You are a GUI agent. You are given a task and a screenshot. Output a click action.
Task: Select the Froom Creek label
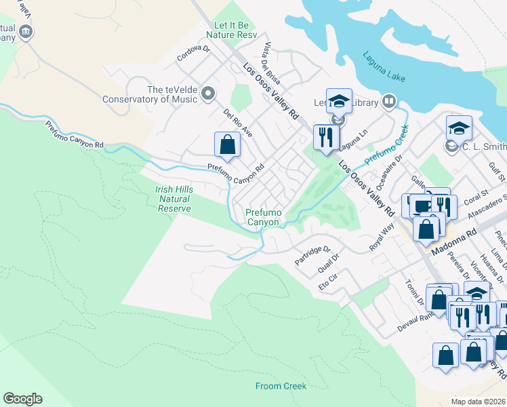[x=281, y=387]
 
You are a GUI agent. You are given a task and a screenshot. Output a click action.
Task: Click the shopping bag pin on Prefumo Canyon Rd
[x=227, y=144]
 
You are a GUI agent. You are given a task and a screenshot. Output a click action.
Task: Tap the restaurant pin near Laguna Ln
[x=326, y=138]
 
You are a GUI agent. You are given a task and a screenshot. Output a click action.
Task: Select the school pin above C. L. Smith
[x=459, y=128]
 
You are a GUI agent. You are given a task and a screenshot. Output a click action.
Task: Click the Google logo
[x=22, y=399]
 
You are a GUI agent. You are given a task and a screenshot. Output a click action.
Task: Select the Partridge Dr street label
[x=312, y=255]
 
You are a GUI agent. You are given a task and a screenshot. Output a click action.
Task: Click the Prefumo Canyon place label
[x=262, y=217]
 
